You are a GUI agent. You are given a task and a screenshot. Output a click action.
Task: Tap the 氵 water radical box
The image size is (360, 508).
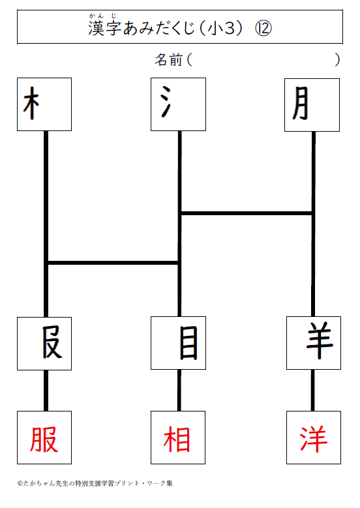point(178,104)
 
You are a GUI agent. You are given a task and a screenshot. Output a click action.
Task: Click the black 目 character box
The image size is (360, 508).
point(178,343)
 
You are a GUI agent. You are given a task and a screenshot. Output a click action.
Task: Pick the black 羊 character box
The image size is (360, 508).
point(314,343)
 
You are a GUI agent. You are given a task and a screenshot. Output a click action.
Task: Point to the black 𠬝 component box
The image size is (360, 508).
point(44,344)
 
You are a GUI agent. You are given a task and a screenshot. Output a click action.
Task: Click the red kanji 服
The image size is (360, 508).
point(44,440)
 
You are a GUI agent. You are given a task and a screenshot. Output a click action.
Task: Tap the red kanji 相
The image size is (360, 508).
point(177,440)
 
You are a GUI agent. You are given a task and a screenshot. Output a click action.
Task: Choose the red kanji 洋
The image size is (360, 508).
point(313,440)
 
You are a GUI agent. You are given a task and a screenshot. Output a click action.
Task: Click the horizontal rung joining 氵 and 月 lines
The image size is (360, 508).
point(247,213)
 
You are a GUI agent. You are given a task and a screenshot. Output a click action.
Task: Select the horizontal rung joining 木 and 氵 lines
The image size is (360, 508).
point(113,263)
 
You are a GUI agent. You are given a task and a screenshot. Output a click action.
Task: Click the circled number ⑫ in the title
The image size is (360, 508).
point(263,29)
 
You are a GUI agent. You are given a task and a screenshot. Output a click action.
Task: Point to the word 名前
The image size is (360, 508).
point(168,60)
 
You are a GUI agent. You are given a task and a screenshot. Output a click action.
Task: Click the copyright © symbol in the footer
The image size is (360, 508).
point(20,483)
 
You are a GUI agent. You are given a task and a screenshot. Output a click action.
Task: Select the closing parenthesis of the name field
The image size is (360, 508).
point(337,60)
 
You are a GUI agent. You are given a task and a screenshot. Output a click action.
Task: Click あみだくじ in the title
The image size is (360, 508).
point(158,28)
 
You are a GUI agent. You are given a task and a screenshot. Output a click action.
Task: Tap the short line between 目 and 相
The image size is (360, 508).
point(179,391)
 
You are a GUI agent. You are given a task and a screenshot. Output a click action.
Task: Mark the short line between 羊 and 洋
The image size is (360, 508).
point(312,391)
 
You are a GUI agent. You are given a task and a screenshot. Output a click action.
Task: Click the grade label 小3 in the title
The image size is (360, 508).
point(220,29)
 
